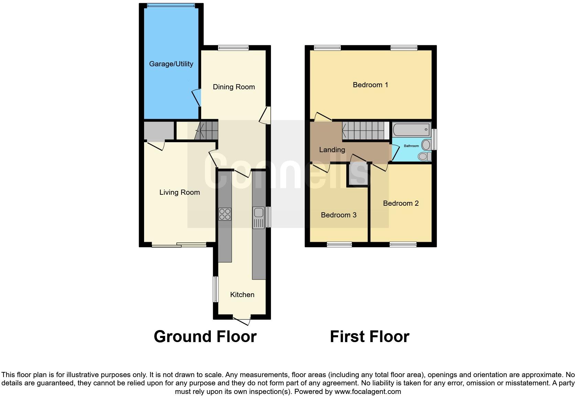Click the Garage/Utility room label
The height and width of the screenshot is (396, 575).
click(171, 64)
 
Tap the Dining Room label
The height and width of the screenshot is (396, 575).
click(234, 87)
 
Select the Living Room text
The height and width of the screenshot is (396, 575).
click(180, 192)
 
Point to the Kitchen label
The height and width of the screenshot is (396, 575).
click(242, 295)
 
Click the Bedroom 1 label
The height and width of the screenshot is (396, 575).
click(370, 85)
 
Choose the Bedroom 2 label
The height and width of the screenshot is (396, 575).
click(401, 203)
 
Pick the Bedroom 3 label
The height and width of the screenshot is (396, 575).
click(338, 215)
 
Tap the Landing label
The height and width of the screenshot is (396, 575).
click(332, 150)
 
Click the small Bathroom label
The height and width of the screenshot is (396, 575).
click(411, 146)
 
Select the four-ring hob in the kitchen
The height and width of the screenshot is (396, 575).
click(225, 214)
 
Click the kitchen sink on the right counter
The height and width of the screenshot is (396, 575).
click(258, 217)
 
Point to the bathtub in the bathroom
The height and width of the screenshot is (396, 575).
click(411, 130)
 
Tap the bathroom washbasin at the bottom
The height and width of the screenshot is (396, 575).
click(424, 157)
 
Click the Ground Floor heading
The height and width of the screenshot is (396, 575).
click(205, 337)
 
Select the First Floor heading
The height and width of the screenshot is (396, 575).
click(369, 337)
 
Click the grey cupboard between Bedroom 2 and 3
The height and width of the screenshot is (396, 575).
click(358, 175)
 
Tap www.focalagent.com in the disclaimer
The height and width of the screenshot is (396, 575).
click(368, 392)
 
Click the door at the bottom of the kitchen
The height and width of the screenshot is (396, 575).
click(242, 320)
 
